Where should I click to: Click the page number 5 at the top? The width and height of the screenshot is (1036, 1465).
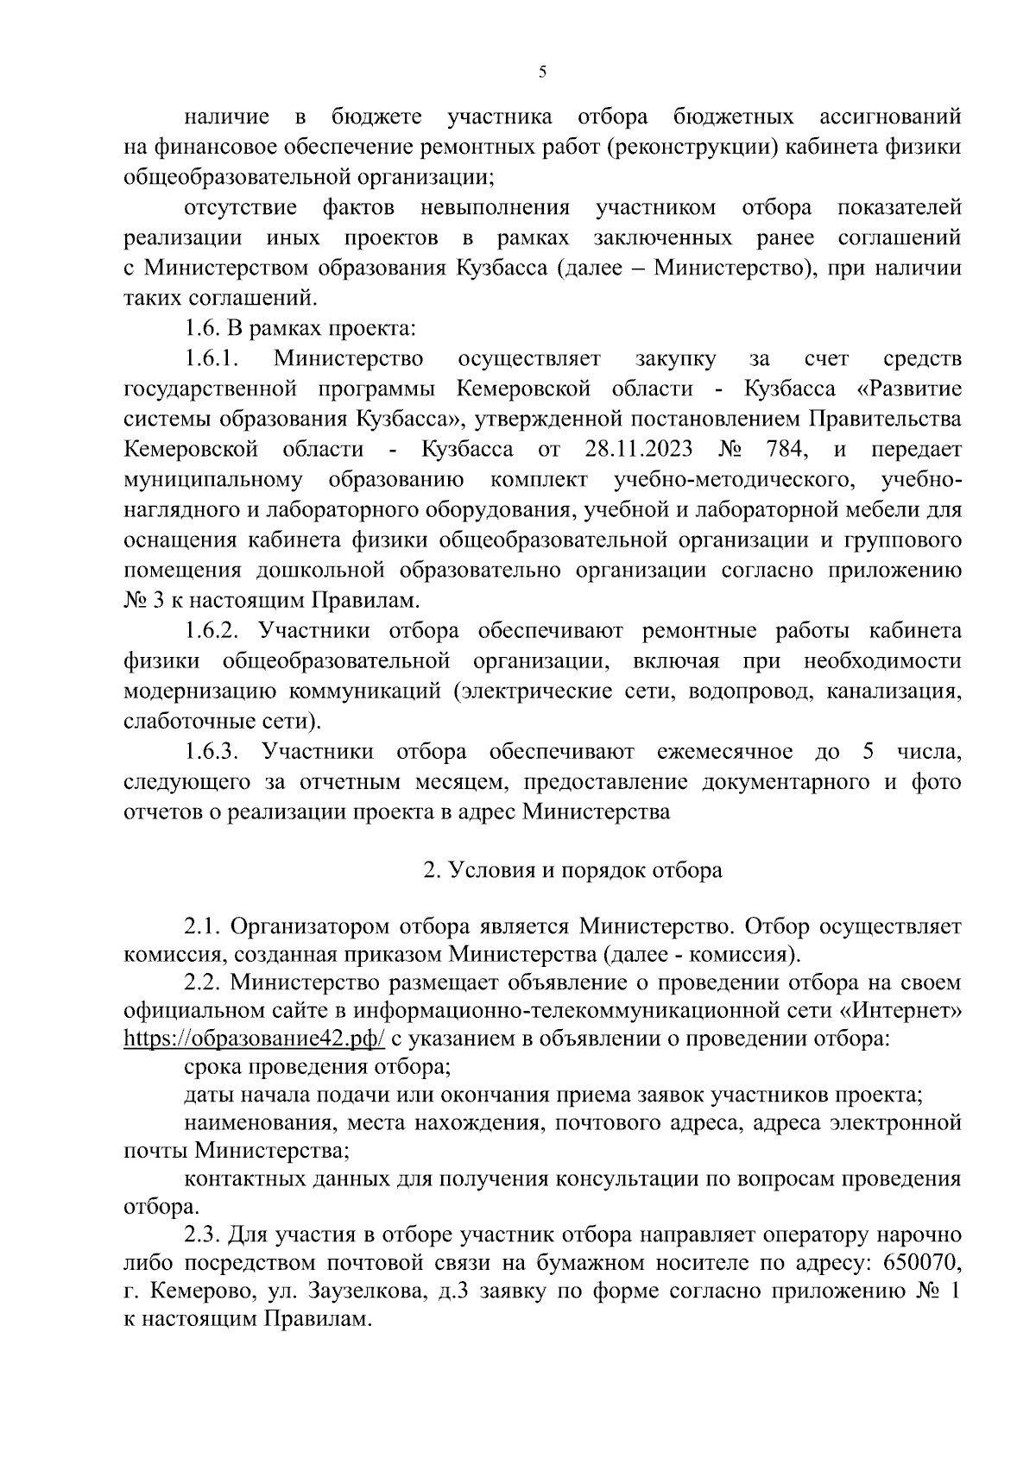click(x=542, y=73)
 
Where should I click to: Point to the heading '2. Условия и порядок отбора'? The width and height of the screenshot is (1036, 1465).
click(x=572, y=870)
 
